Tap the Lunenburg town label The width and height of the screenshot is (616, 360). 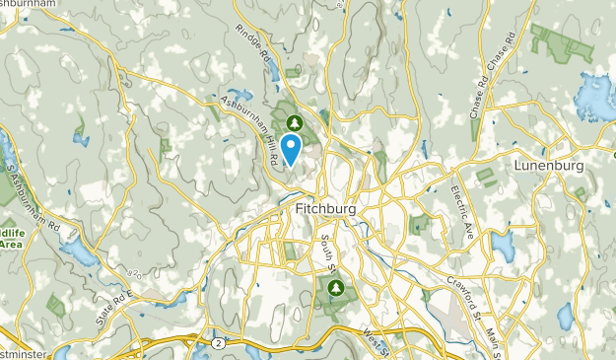(549, 166)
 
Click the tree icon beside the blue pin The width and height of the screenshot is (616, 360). (293, 122)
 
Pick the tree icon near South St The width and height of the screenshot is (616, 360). (336, 287)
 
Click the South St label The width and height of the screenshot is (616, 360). (326, 252)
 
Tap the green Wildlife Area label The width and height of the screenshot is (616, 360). (12, 237)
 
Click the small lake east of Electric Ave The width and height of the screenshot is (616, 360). (504, 246)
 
